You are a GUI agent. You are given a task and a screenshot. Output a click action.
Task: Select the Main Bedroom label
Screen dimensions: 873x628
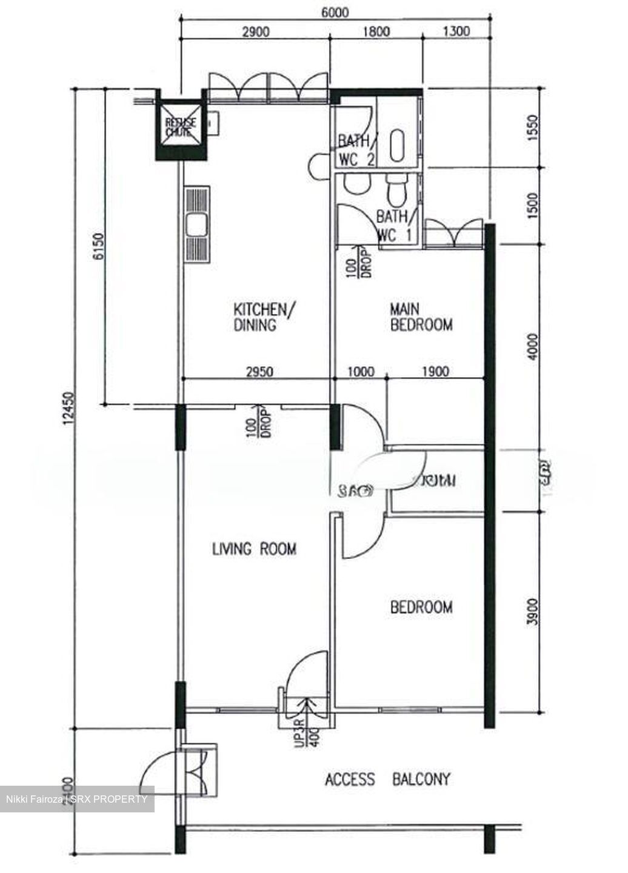coord(421,318)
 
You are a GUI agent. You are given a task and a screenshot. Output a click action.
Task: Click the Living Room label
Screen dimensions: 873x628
coord(254,549)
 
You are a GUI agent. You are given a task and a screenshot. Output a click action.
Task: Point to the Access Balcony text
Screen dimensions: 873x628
coord(388,779)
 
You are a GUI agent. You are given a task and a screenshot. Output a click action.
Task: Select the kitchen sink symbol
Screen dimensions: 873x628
coord(197,226)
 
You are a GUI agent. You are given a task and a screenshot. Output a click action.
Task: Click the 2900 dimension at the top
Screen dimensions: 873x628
coord(255,32)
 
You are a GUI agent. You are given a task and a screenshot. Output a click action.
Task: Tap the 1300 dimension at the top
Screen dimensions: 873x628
coord(456,32)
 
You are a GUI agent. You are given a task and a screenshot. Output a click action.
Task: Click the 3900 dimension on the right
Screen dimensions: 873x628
coord(533,614)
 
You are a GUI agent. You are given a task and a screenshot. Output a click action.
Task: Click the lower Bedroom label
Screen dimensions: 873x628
coord(421,607)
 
